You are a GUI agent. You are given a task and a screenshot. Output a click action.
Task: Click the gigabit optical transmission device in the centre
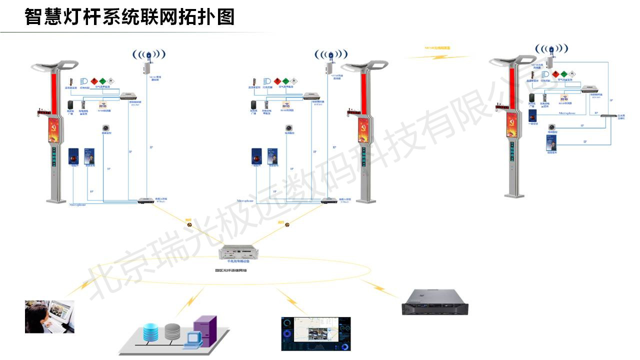(x=238, y=252)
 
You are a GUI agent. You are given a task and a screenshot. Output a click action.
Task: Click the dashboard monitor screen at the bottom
(x=315, y=333)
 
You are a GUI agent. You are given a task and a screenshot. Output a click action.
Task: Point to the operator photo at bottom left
(x=49, y=316)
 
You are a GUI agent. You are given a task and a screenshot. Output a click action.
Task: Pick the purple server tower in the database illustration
(x=205, y=330)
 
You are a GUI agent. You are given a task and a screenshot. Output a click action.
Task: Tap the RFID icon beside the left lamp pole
(x=103, y=105)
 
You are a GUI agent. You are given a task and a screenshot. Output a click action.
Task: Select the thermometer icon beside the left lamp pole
(x=71, y=81)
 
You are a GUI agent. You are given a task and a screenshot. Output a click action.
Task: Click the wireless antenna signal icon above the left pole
(x=148, y=54)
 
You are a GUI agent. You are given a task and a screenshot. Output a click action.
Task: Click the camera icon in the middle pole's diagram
(x=288, y=127)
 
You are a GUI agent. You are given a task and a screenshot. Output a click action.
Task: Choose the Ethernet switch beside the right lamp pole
(x=609, y=115)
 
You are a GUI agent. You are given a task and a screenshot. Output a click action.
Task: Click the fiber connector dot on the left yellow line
(x=189, y=224)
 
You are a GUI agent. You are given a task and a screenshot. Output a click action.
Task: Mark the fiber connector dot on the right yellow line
(x=287, y=225)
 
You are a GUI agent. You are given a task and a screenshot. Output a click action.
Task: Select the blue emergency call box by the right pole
(x=532, y=116)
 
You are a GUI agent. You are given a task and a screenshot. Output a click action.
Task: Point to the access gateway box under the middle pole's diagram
(x=328, y=200)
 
